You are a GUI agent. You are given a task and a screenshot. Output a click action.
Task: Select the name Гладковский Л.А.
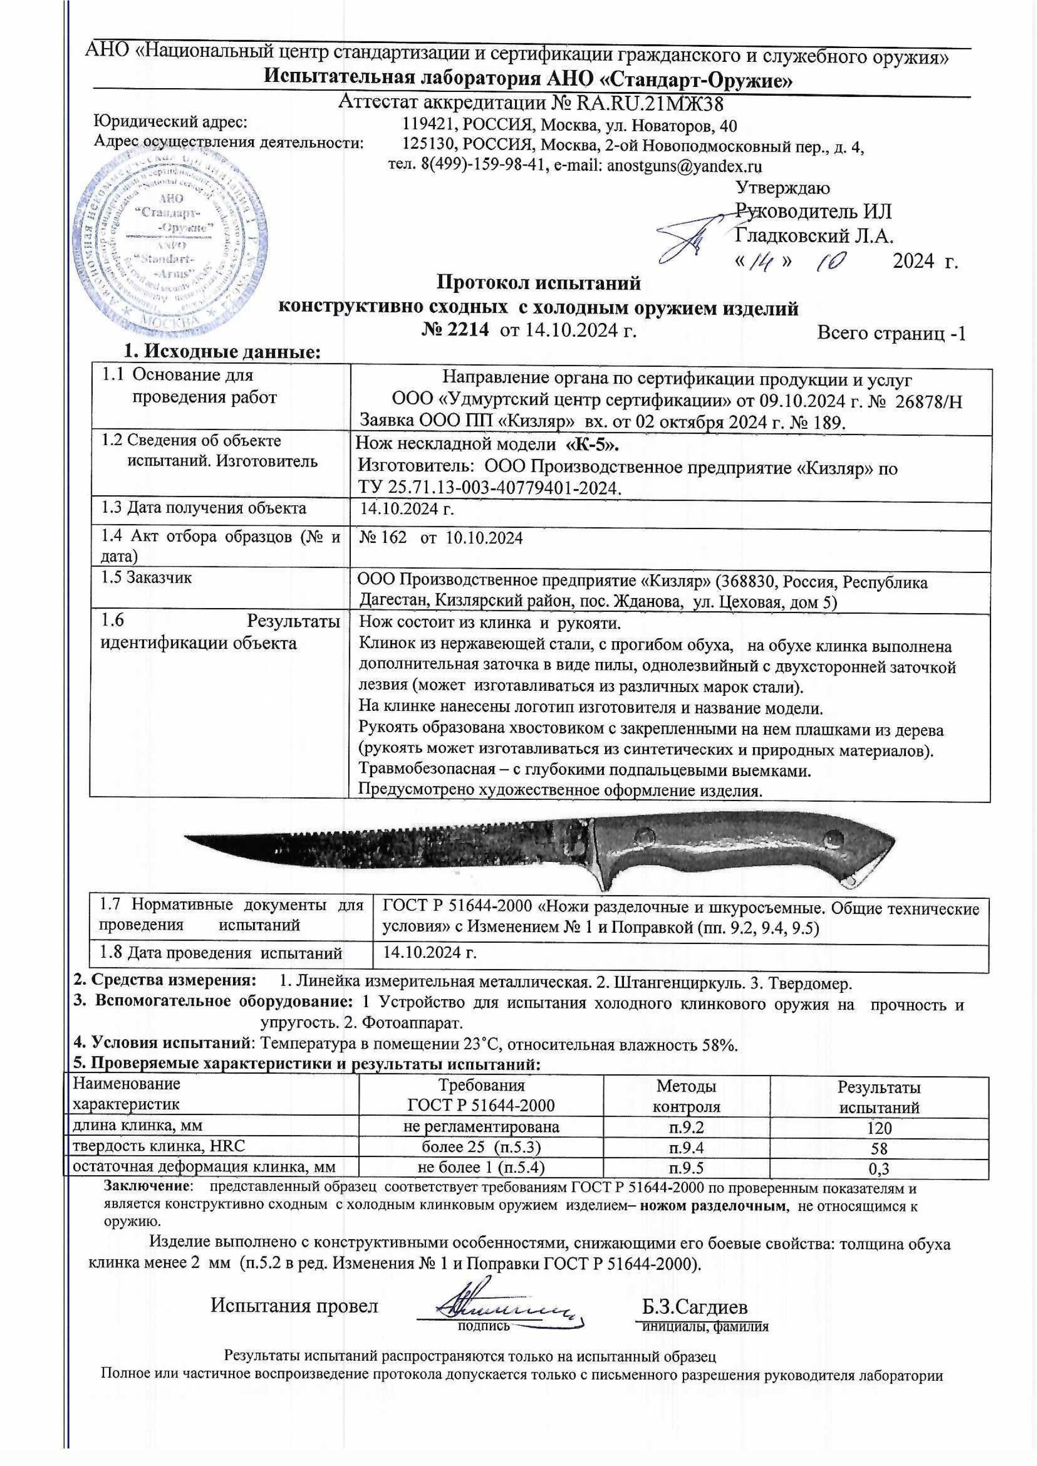pos(814,237)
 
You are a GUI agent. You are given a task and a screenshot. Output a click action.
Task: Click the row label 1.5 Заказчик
pos(147,578)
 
